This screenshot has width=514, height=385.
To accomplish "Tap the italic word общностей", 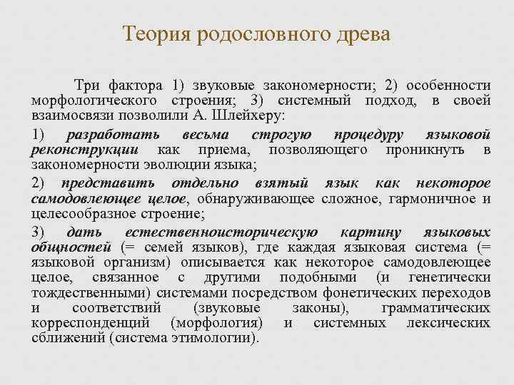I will (71, 247).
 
